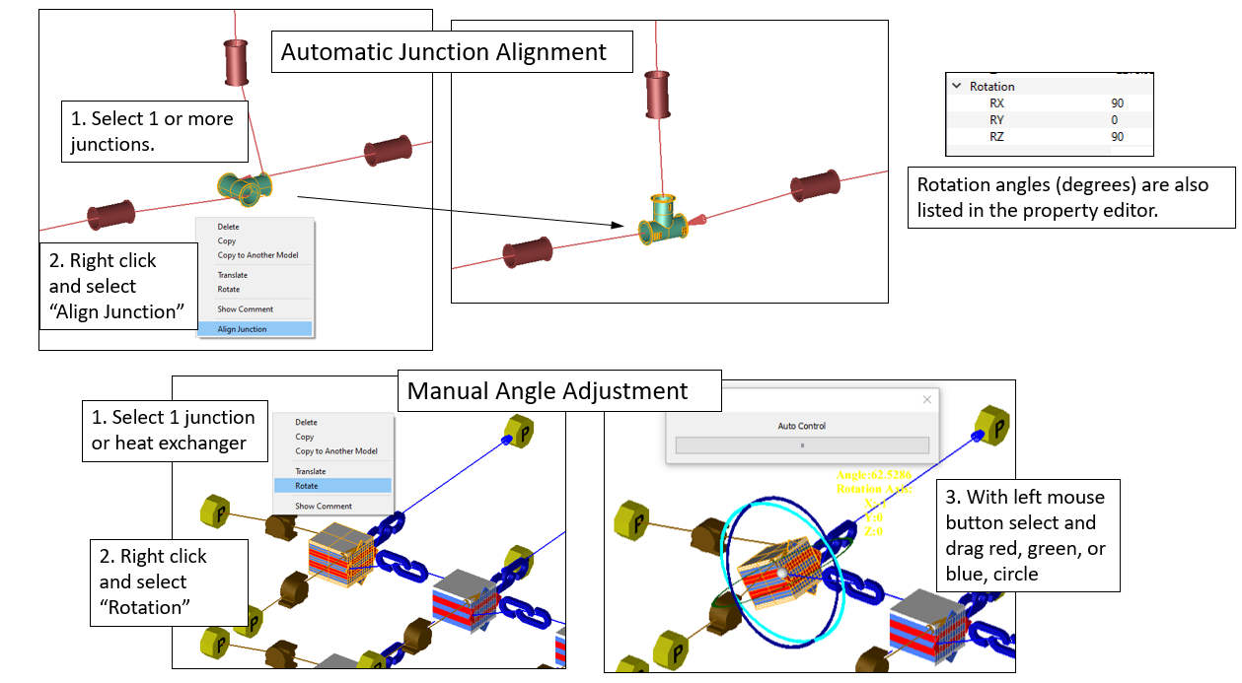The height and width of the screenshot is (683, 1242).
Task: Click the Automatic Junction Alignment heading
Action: point(443,51)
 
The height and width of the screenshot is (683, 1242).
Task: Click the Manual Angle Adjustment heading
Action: point(548,391)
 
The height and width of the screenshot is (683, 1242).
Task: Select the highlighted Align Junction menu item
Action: point(243,329)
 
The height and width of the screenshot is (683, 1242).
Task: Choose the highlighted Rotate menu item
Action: point(308,486)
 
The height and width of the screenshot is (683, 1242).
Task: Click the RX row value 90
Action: point(1117,103)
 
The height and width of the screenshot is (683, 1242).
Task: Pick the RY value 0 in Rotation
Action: point(1115,120)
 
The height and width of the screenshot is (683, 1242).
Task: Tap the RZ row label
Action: point(996,137)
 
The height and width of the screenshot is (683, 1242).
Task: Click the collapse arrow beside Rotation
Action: point(957,87)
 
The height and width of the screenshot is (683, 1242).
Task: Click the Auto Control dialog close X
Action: point(926,400)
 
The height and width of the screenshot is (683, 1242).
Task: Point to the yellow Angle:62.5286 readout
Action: point(873,476)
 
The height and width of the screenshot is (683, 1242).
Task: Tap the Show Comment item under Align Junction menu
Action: point(246,309)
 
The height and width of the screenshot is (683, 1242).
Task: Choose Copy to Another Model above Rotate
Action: point(336,451)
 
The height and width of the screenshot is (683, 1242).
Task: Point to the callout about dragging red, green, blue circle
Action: point(1026,535)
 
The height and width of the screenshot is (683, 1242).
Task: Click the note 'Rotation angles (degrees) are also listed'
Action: point(1070,198)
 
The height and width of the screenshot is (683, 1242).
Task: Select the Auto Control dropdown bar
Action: point(802,445)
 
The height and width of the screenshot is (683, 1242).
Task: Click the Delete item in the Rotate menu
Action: point(307,423)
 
